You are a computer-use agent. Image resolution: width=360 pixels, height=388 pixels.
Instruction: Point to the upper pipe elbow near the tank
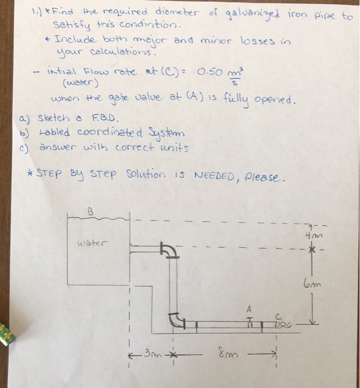click(169, 250)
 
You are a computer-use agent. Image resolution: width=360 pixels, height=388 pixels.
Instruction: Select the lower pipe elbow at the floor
click(178, 319)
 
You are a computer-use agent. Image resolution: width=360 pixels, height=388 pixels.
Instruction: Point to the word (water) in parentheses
click(81, 84)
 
